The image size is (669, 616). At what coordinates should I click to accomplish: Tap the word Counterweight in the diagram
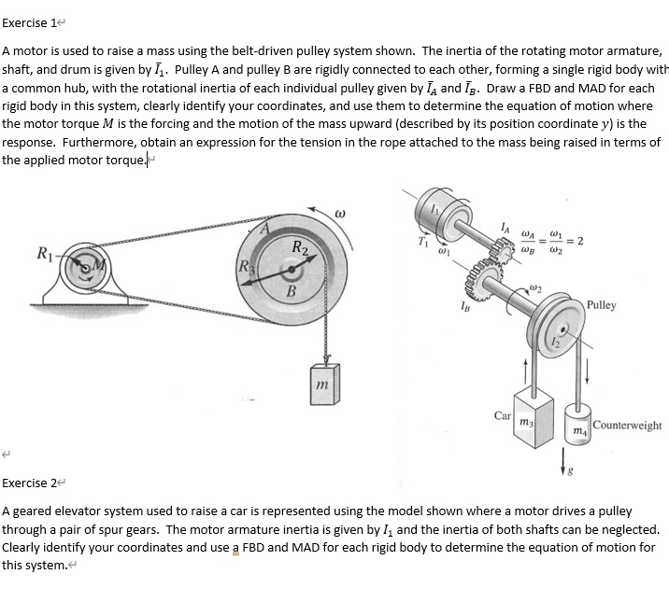[627, 426]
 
